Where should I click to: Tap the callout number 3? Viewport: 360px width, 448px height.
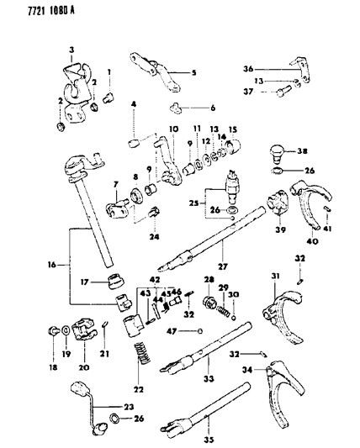pyautogui.click(x=71, y=50)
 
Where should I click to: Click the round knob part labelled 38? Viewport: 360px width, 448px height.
pyautogui.click(x=278, y=154)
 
